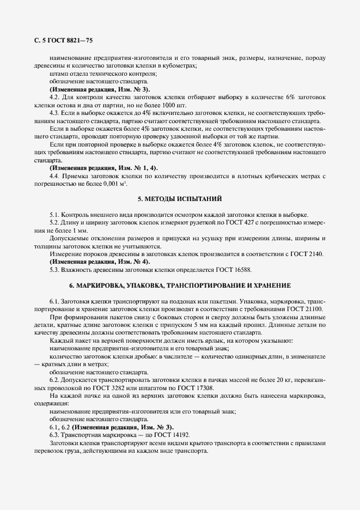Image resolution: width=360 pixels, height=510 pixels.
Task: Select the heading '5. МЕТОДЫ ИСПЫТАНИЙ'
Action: pos(180,198)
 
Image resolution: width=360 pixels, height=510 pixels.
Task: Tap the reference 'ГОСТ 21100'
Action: pos(295,309)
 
